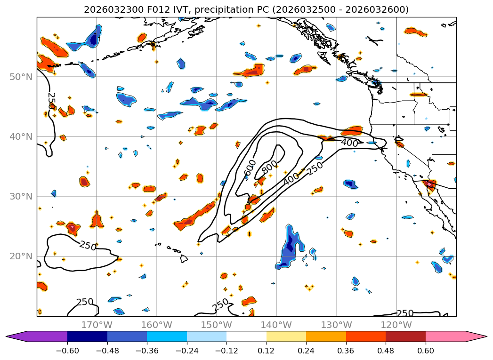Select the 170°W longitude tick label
click(97, 325)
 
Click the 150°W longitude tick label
click(216, 325)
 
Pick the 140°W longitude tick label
click(276, 325)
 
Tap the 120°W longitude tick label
click(396, 325)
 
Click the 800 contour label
click(269, 167)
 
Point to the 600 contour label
click(251, 168)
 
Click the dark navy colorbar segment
click(87, 336)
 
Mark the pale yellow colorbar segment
click(286, 336)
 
